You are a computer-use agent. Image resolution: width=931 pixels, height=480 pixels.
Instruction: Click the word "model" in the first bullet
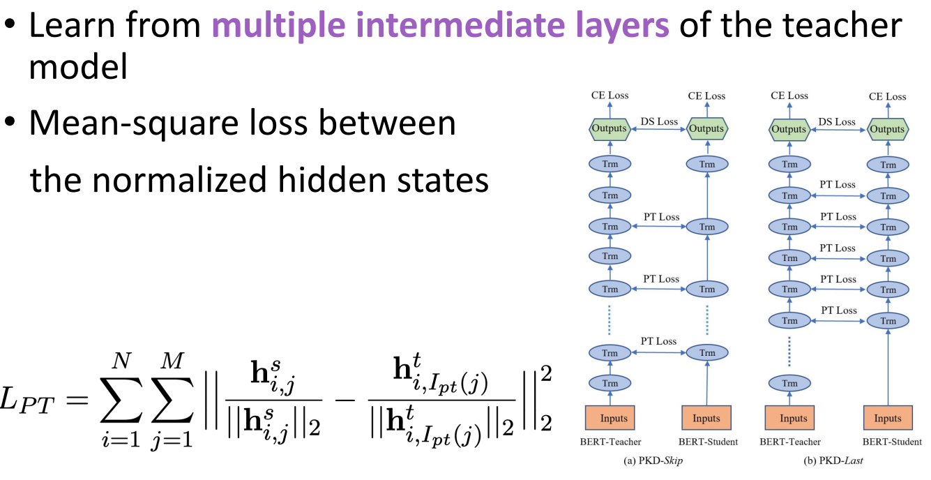tap(77, 68)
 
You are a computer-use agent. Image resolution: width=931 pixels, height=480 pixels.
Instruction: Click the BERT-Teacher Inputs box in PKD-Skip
tap(610, 419)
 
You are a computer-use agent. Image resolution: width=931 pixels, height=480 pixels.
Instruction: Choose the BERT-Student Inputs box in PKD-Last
tap(888, 419)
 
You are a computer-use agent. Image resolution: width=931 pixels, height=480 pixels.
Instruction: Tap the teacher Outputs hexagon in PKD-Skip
tap(610, 128)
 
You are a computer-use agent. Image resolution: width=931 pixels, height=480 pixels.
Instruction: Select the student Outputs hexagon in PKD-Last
tap(888, 129)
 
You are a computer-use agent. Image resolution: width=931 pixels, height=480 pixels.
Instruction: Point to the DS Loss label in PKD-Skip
tap(659, 121)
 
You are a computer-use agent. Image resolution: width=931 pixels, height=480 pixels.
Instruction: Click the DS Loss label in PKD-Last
tap(837, 121)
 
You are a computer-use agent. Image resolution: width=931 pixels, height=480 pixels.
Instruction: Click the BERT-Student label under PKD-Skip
tap(707, 442)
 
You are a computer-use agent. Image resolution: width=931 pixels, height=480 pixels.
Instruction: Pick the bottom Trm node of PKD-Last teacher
tap(789, 383)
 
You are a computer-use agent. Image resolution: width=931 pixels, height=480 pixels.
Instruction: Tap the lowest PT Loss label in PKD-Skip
tap(659, 341)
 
